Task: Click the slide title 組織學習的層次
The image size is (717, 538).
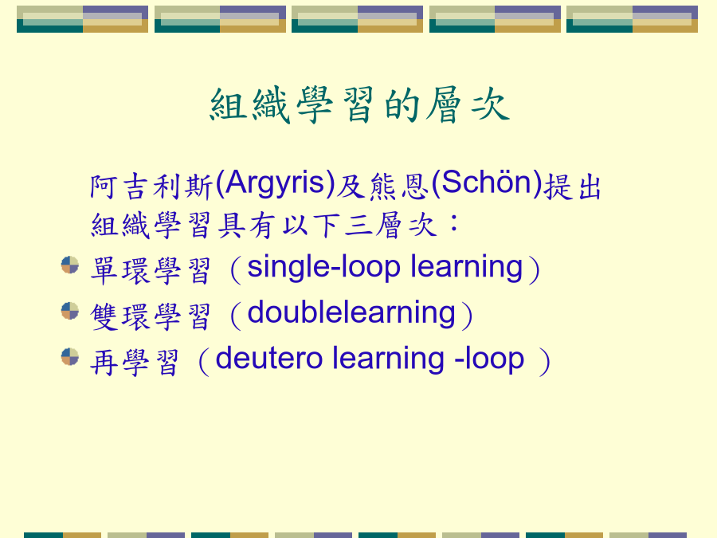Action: click(359, 106)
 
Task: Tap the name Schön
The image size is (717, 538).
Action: click(486, 183)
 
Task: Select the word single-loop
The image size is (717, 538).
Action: click(323, 267)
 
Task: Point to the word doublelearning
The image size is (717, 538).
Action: click(351, 314)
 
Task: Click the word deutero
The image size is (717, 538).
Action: click(269, 359)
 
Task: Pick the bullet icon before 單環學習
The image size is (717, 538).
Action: click(70, 265)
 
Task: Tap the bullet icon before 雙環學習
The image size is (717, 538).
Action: click(70, 311)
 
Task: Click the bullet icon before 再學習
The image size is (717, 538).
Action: click(70, 357)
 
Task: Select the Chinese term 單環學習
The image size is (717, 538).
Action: click(151, 270)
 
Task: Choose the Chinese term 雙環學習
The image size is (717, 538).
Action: click(151, 316)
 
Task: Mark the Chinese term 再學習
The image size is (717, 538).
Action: click(135, 363)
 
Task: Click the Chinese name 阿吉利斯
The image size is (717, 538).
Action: click(151, 187)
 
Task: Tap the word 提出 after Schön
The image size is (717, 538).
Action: click(572, 187)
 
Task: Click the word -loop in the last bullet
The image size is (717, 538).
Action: click(489, 359)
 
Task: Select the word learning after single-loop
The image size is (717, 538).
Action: click(466, 267)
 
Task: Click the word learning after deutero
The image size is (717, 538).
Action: click(388, 359)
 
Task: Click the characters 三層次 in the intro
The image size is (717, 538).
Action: click(390, 225)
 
